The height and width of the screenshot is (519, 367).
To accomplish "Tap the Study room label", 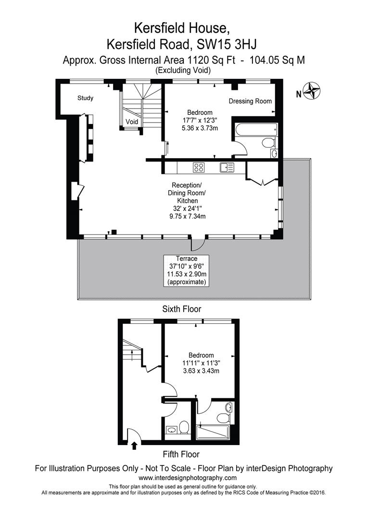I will click(x=86, y=98).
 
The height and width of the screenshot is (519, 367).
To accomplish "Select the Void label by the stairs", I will click(x=132, y=122).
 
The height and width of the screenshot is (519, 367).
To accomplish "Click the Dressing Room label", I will click(x=250, y=101).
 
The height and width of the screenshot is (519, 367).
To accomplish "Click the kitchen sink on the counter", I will click(x=227, y=167).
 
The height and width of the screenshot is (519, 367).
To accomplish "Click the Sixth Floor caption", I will click(x=182, y=309).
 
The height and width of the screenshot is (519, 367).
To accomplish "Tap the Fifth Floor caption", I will click(x=181, y=454).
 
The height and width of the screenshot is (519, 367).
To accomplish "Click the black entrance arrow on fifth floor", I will click(x=134, y=445).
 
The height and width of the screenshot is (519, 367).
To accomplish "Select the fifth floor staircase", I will click(x=131, y=356).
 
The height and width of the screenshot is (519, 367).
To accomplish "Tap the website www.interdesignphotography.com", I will click(x=188, y=478).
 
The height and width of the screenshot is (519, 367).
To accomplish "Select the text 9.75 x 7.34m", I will click(x=187, y=216).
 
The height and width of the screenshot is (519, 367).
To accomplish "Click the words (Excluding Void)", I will click(x=183, y=70).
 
